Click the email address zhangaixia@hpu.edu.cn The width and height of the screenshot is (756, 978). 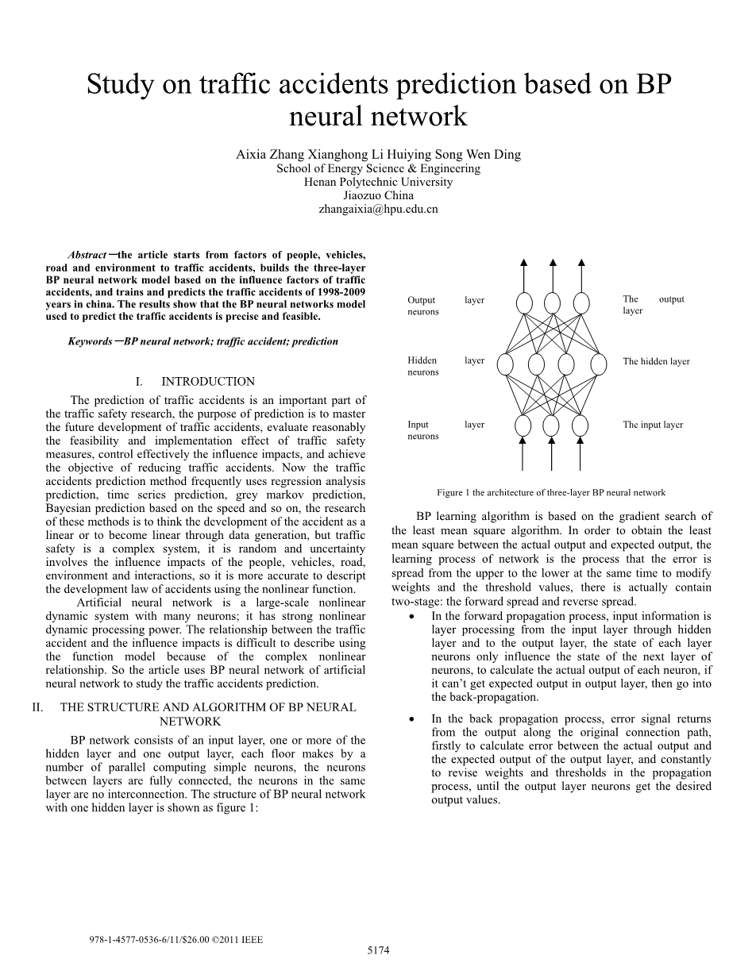pos(378,210)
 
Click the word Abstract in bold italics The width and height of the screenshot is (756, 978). pos(87,255)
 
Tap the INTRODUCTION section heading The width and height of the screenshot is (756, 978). pos(208,382)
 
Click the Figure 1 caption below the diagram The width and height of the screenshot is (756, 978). pos(551,493)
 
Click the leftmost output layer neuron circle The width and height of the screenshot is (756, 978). pos(524,302)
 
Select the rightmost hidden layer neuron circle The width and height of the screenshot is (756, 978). pos(597,364)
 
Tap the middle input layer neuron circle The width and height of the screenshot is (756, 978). pos(551,426)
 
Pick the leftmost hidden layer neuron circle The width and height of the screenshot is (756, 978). pos(506,364)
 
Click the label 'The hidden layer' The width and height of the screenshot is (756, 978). pos(656,362)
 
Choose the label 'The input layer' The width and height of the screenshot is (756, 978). pos(653,425)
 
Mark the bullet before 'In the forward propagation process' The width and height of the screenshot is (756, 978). pos(410,617)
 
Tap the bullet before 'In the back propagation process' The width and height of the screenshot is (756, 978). pos(410,719)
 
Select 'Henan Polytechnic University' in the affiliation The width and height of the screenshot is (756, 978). pos(378,182)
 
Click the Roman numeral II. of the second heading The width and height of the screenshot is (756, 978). pos(37,707)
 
